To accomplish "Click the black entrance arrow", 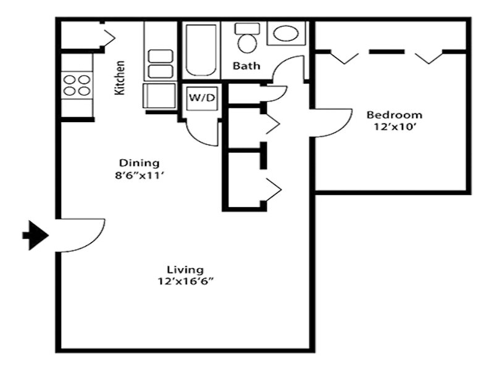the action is pyautogui.click(x=35, y=236).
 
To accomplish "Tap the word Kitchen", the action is pyautogui.click(x=120, y=78).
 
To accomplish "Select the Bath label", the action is pyautogui.click(x=246, y=66).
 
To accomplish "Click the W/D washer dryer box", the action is pyautogui.click(x=202, y=98).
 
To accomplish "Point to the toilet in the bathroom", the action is pyautogui.click(x=248, y=38).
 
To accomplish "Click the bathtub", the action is pyautogui.click(x=201, y=50).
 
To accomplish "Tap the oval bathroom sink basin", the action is pyautogui.click(x=286, y=33).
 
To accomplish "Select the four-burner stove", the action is pyautogui.click(x=77, y=85).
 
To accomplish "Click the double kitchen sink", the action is pyautogui.click(x=161, y=64).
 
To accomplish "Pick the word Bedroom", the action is pyautogui.click(x=395, y=115).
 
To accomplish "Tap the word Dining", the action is pyautogui.click(x=140, y=163).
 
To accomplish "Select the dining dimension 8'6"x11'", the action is pyautogui.click(x=140, y=176).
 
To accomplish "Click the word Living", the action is pyautogui.click(x=185, y=270).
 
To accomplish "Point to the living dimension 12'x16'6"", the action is pyautogui.click(x=186, y=281).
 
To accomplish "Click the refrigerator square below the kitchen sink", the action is pyautogui.click(x=159, y=96).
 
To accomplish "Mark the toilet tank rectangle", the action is pyautogui.click(x=248, y=28).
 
